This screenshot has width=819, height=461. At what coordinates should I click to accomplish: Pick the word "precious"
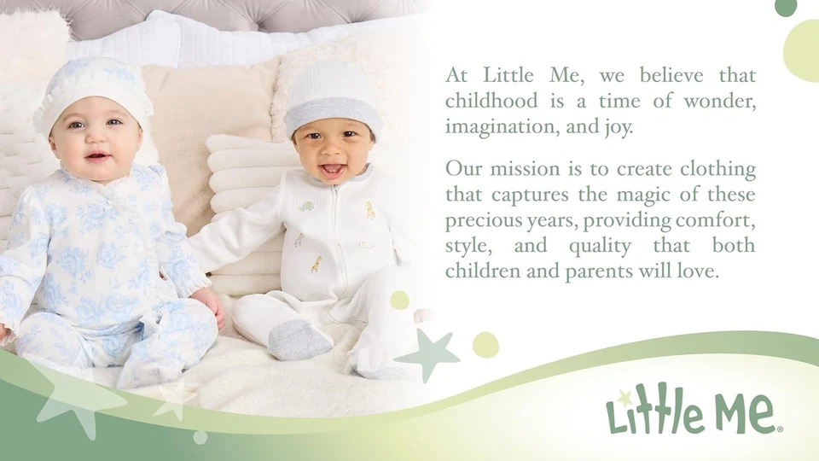tap(479, 220)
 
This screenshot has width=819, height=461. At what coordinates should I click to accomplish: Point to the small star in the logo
tap(624, 395)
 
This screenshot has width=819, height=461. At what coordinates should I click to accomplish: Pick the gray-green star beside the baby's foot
tap(429, 353)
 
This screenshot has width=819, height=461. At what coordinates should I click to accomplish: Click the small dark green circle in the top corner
tap(786, 7)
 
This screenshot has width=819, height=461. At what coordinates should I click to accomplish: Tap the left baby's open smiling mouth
tap(96, 157)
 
